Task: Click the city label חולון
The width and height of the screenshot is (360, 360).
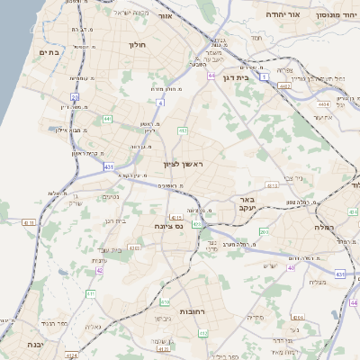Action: click(x=138, y=44)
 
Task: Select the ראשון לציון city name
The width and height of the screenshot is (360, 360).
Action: click(x=184, y=165)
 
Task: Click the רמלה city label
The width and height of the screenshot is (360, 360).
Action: click(x=325, y=228)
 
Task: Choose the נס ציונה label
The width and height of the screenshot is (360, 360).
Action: click(x=169, y=225)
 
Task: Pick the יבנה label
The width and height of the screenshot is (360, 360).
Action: click(x=34, y=344)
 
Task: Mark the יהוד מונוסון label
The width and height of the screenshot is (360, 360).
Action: click(x=335, y=15)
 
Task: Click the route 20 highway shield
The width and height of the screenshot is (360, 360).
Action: click(x=76, y=97)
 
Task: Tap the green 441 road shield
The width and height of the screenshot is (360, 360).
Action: click(x=107, y=118)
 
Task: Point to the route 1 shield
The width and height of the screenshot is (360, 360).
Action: click(x=265, y=77)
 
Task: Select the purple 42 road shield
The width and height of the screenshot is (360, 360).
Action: click(x=99, y=269)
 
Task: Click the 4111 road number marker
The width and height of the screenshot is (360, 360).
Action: click(x=28, y=222)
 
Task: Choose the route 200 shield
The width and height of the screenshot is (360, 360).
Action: click(x=264, y=232)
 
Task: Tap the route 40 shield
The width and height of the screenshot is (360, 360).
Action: click(x=291, y=267)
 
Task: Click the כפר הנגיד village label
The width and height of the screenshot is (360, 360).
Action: click(x=54, y=322)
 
